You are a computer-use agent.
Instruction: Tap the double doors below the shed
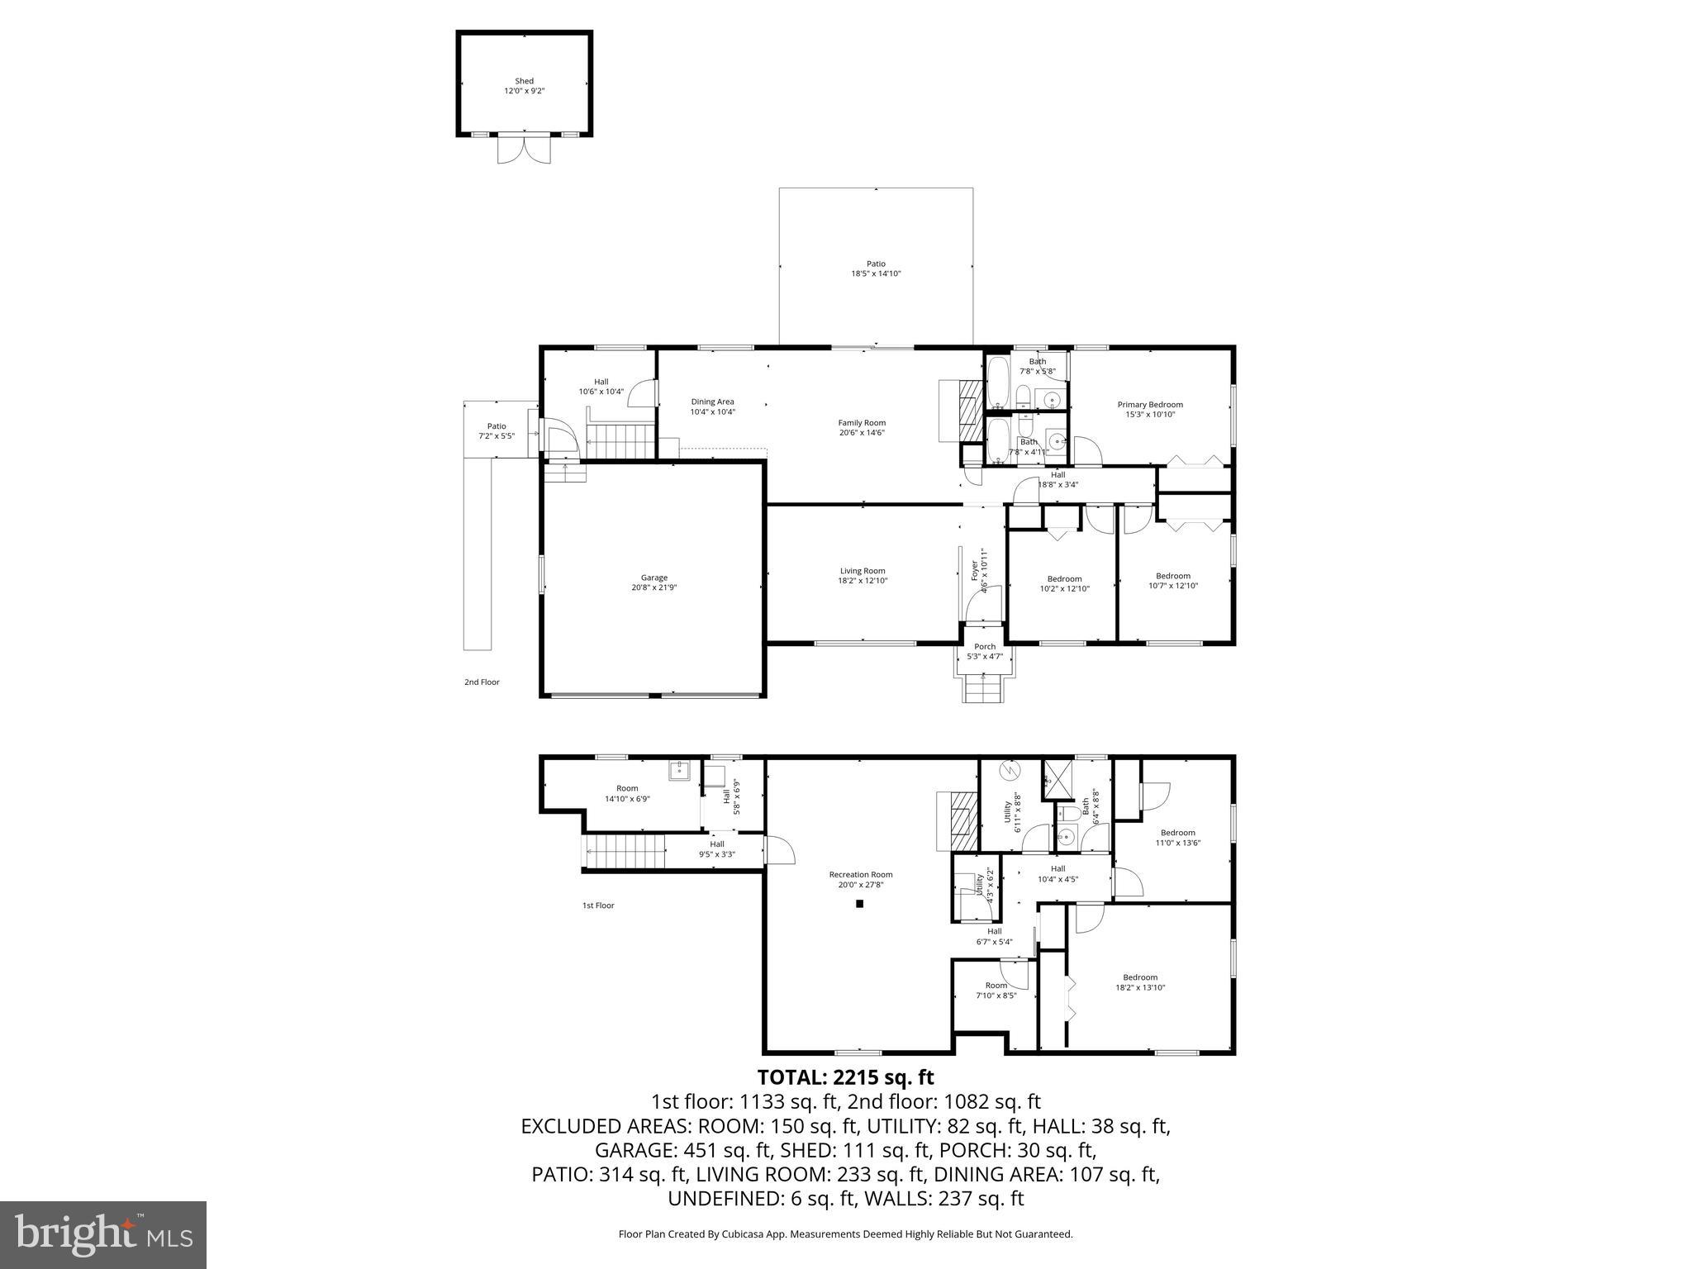coord(524,149)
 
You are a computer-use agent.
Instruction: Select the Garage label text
coord(654,578)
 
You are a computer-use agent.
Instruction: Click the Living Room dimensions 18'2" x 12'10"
coord(863,581)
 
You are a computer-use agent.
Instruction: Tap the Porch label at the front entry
coord(985,647)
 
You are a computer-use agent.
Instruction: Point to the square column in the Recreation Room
coord(859,904)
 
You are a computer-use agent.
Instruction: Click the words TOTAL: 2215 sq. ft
coord(845,1077)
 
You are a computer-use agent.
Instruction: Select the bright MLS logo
coord(103,1234)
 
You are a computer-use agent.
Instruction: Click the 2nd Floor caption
coord(482,682)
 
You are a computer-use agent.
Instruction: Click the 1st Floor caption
coord(598,905)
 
